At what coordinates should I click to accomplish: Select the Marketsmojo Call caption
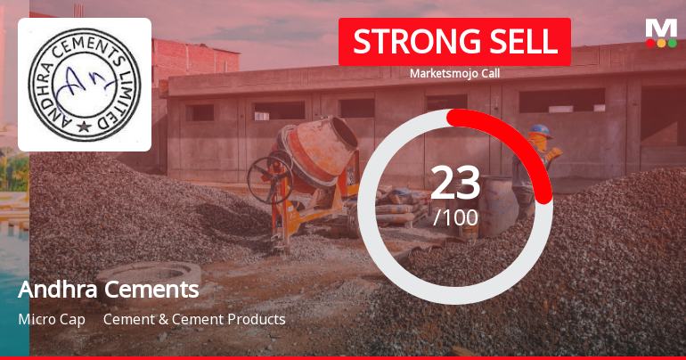(x=454, y=73)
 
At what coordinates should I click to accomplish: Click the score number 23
(x=455, y=183)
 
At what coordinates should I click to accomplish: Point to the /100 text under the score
(x=455, y=217)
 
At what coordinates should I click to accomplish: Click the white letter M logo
(x=661, y=29)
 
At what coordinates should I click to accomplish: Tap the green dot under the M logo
(x=673, y=43)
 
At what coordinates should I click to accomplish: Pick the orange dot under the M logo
(x=661, y=43)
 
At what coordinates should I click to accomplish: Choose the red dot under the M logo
(x=650, y=43)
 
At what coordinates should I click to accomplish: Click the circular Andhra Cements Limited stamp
(x=85, y=85)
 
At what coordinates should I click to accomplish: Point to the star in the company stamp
(x=85, y=127)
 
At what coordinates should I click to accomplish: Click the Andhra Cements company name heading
(x=108, y=290)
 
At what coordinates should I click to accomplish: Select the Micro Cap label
(x=51, y=319)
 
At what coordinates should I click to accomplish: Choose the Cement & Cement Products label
(x=194, y=319)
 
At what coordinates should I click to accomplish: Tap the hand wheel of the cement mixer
(x=270, y=178)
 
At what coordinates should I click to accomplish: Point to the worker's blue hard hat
(x=539, y=131)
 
